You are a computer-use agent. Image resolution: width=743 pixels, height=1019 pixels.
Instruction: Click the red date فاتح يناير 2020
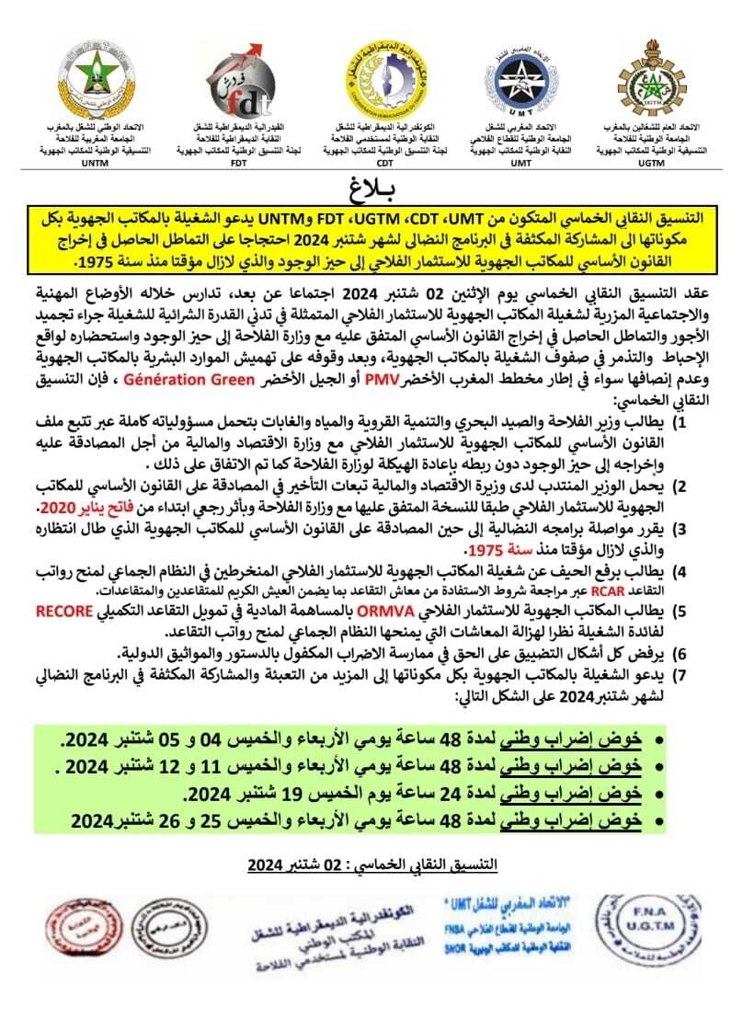(109, 509)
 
